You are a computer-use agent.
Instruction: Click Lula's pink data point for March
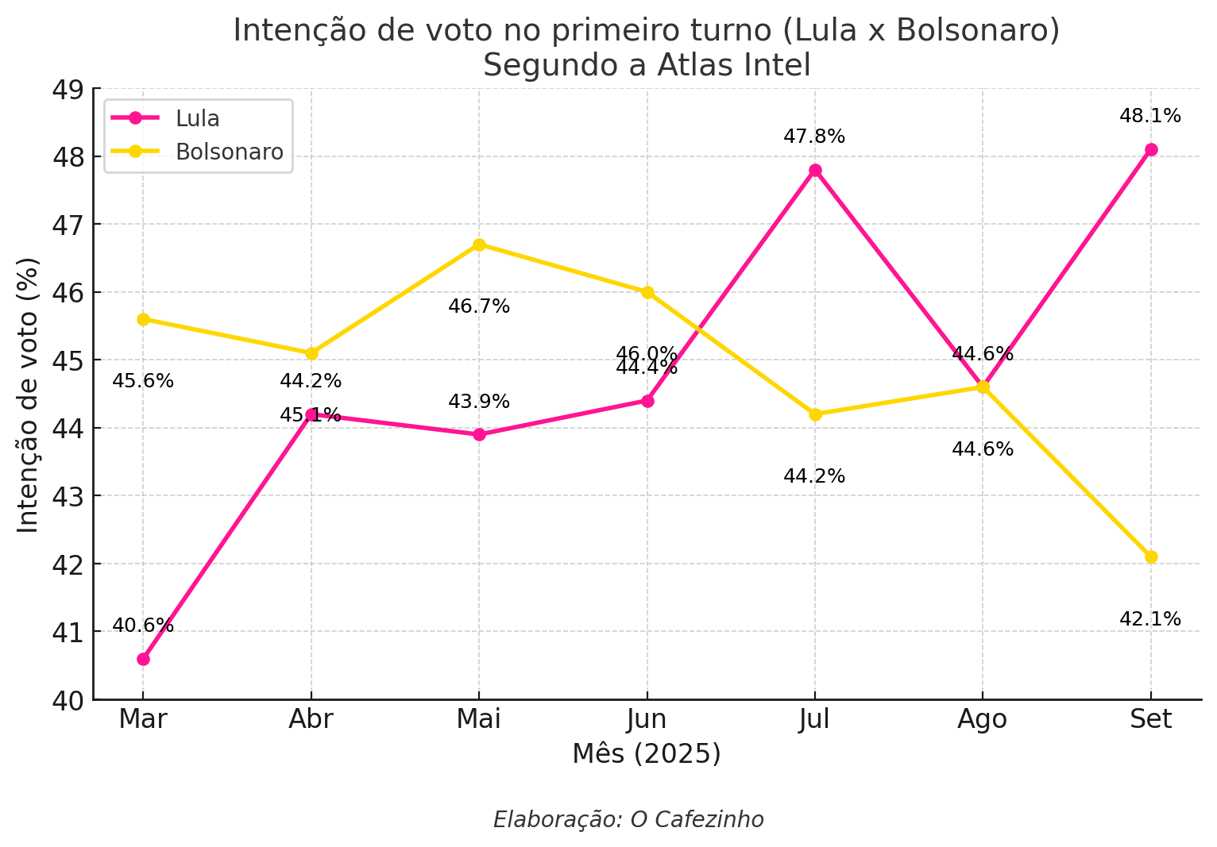[143, 659]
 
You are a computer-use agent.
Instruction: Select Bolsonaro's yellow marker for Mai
[479, 244]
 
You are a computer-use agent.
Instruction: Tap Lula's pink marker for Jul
[815, 170]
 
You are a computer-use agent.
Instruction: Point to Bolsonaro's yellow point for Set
[1151, 556]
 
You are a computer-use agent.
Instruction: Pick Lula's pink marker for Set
[1151, 149]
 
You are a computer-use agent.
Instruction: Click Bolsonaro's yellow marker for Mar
[143, 319]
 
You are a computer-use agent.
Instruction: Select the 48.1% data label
[1150, 116]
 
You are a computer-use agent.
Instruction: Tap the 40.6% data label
[143, 626]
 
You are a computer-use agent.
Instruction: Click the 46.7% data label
[479, 306]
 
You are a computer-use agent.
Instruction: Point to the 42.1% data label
[1150, 619]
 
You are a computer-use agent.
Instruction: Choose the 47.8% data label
[814, 137]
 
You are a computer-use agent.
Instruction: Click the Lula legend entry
[198, 118]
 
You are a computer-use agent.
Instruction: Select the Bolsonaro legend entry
[230, 152]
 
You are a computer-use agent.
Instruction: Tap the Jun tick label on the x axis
[647, 719]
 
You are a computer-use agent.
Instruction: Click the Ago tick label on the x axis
[983, 719]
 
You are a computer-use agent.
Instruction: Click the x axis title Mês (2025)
[647, 753]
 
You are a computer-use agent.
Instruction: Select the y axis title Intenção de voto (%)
[29, 395]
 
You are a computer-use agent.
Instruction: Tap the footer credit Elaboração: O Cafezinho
[628, 819]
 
